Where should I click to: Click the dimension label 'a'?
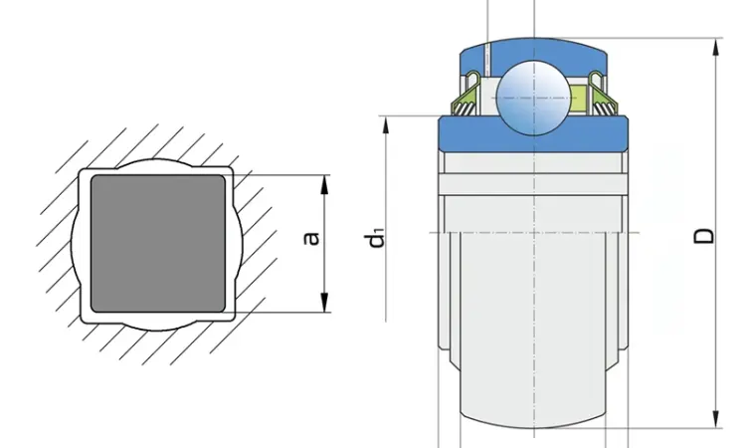[x=311, y=238]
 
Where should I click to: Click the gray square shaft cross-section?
[x=158, y=243]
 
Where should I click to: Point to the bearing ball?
[x=533, y=98]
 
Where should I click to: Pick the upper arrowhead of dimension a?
[x=325, y=185]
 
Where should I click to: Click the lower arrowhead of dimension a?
[x=325, y=303]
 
